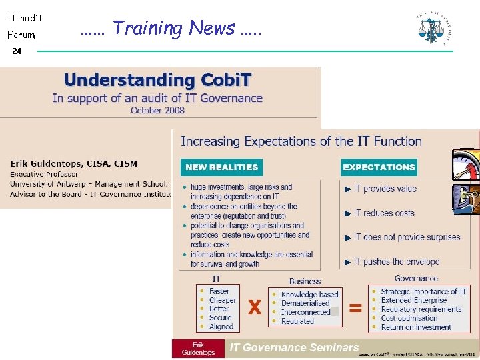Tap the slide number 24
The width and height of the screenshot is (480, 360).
click(17, 51)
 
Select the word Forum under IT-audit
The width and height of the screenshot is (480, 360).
click(21, 34)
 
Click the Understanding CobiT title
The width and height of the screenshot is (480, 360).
click(157, 81)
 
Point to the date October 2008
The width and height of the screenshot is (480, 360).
click(157, 111)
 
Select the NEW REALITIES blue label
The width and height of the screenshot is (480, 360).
click(221, 167)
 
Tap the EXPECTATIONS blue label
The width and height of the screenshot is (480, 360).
click(379, 167)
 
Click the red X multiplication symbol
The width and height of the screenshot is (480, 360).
click(254, 307)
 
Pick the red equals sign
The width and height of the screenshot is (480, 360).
click(355, 307)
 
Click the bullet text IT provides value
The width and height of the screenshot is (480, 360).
click(385, 189)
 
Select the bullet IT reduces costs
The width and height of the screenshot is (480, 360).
click(384, 213)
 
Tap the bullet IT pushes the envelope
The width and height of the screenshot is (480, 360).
click(396, 261)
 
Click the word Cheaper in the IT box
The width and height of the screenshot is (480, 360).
click(223, 300)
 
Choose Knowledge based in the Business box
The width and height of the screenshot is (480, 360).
click(309, 295)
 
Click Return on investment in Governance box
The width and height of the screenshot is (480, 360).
click(416, 327)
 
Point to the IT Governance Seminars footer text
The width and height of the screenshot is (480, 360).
click(294, 347)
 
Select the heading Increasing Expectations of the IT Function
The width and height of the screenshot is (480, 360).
click(301, 141)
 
